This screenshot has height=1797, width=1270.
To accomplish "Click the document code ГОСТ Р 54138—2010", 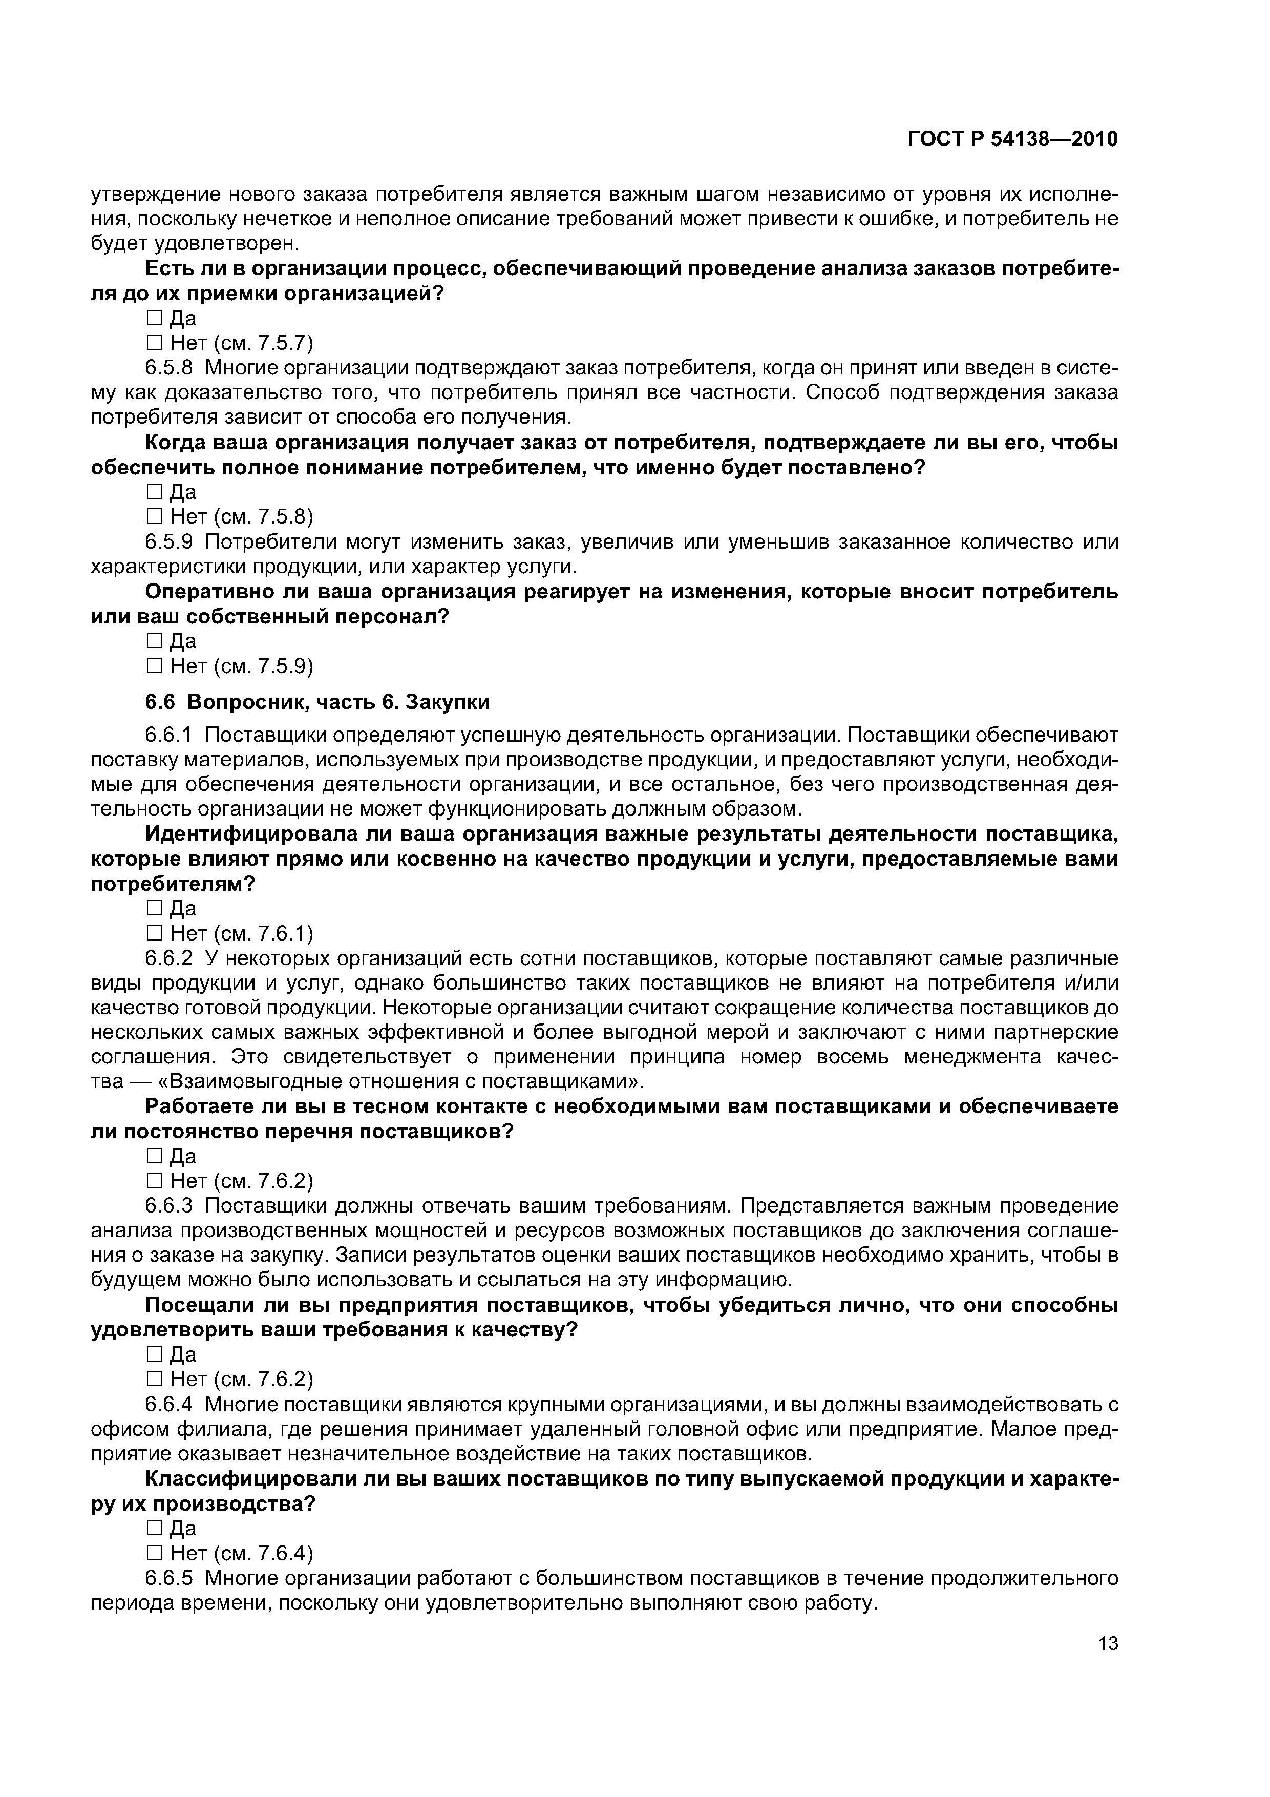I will [x=1012, y=139].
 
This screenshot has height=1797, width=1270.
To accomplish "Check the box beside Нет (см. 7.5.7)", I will [x=154, y=343].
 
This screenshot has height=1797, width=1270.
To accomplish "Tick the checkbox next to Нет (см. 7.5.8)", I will [x=154, y=516].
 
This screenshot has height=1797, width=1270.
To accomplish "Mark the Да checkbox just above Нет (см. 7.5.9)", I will [x=154, y=641].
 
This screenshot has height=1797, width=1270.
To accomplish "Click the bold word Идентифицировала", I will [x=250, y=834].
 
